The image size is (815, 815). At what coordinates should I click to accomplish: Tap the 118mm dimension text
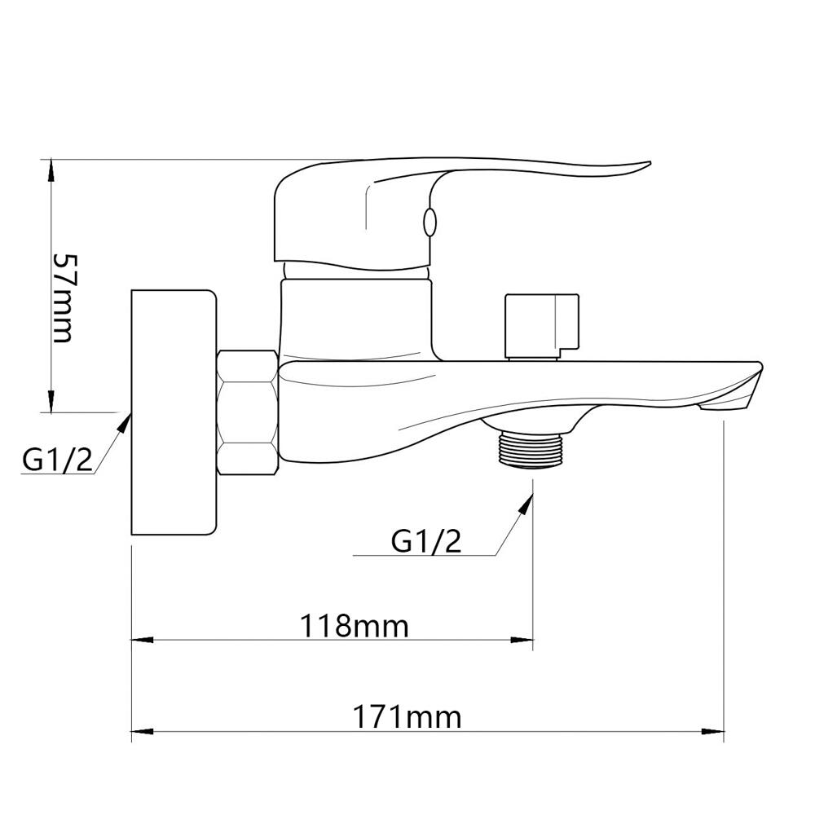click(x=355, y=626)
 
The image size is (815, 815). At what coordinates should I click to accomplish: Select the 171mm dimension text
click(x=407, y=717)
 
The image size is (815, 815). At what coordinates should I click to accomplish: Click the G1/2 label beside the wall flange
click(x=58, y=459)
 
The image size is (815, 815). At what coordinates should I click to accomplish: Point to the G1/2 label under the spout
click(x=426, y=542)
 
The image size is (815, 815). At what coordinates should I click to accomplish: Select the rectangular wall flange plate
click(x=173, y=412)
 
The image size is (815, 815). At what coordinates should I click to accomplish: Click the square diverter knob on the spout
click(x=541, y=326)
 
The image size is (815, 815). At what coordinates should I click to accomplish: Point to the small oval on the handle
click(x=430, y=222)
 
